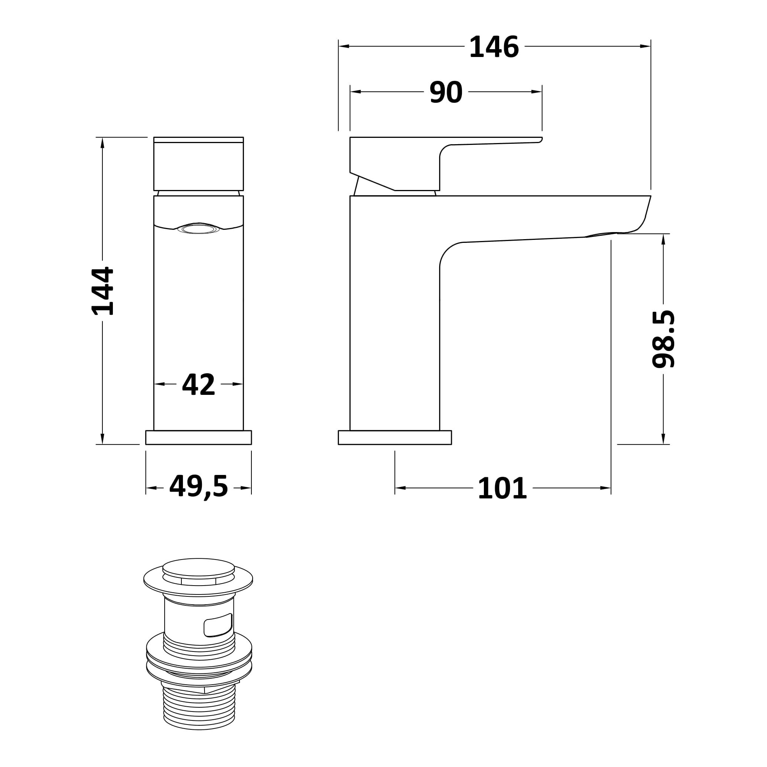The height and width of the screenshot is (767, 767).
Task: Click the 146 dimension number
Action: coord(494,47)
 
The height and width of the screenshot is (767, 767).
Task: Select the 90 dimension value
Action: coord(446,92)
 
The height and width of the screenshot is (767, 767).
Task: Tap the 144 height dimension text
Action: coord(103,291)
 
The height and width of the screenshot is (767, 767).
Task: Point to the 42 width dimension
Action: coord(199,384)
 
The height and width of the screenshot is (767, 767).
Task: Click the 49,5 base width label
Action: coord(199,487)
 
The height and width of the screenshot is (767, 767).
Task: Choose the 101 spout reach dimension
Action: coord(503,488)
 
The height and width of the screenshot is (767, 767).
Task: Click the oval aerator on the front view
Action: coord(199,229)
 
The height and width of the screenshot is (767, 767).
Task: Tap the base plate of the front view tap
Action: coord(199,437)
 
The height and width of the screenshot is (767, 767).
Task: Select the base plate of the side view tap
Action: coord(394,437)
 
